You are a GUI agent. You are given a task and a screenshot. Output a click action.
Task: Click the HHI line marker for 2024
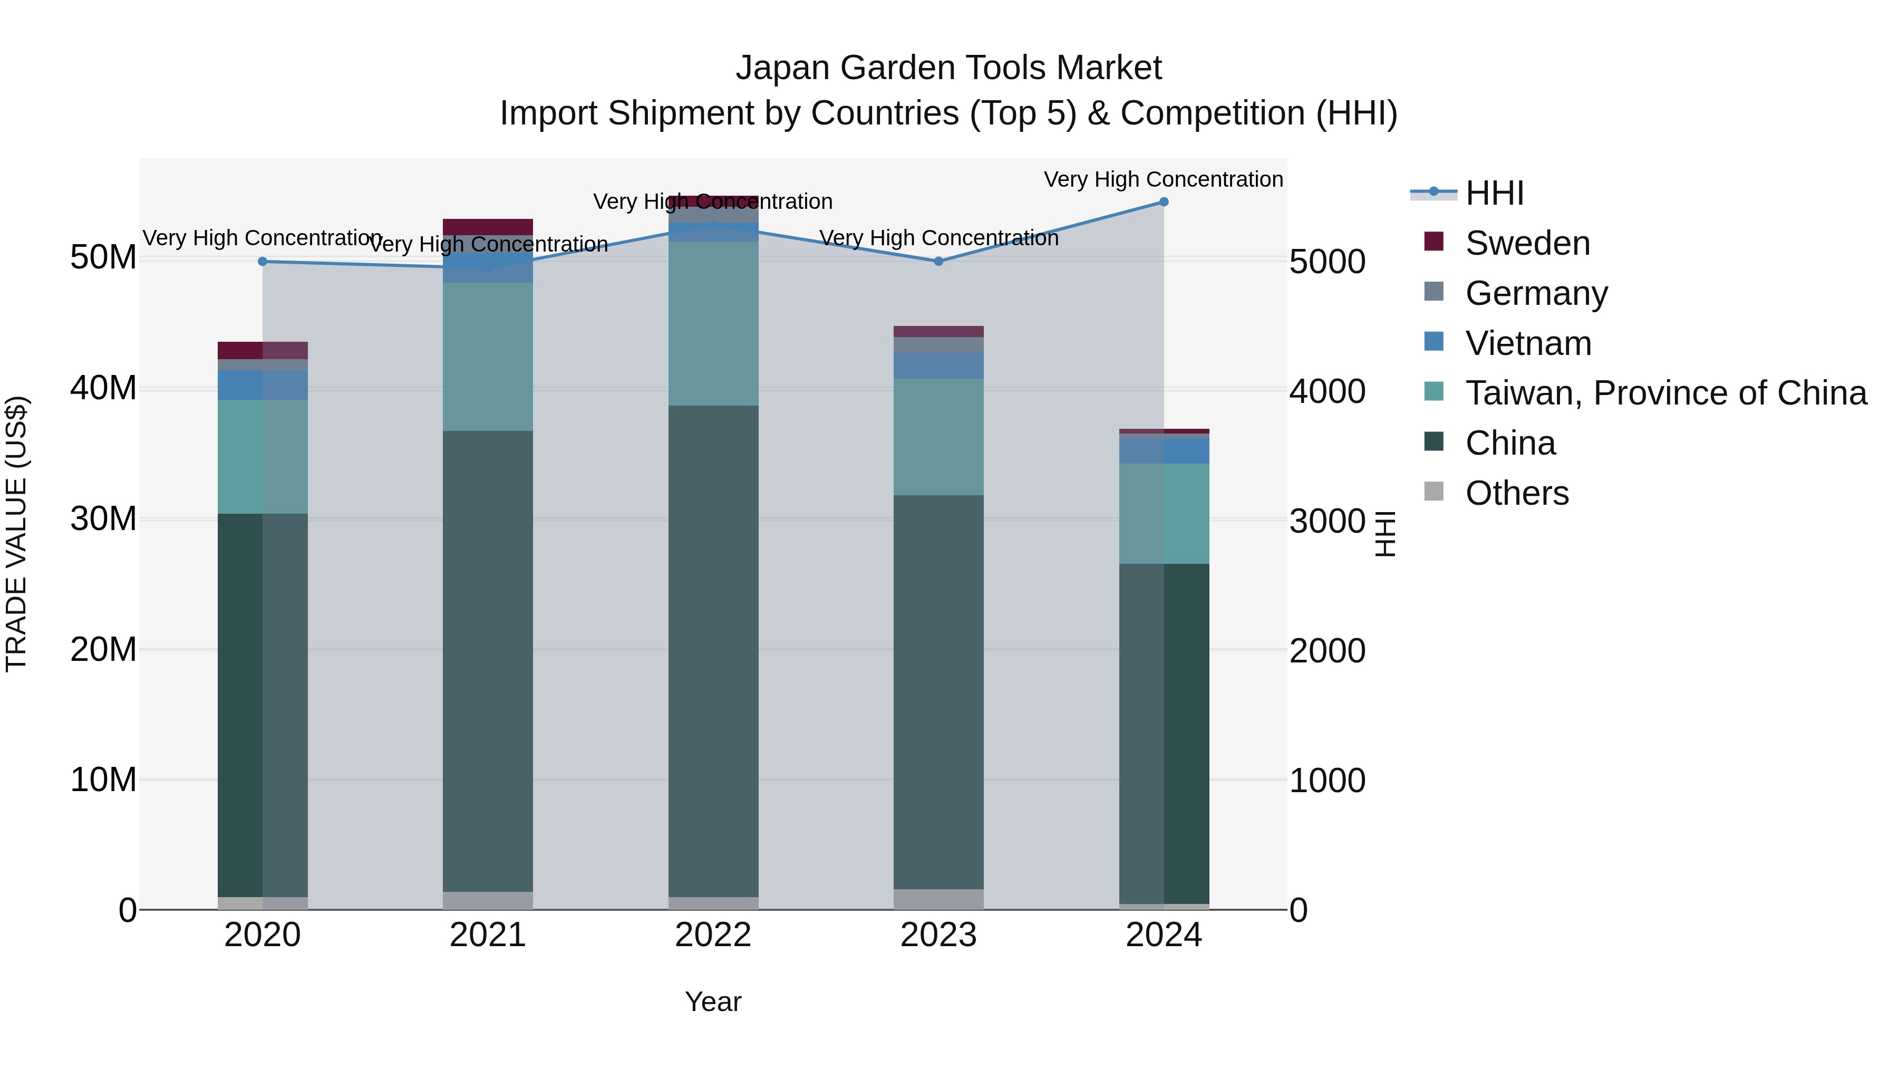click(1164, 202)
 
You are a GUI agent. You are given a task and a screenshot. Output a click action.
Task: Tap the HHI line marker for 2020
click(263, 262)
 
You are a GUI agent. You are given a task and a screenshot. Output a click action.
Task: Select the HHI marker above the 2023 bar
click(938, 262)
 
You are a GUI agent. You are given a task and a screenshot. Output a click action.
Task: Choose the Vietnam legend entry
click(1528, 343)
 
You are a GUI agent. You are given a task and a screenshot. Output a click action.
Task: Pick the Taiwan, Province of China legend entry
click(1665, 393)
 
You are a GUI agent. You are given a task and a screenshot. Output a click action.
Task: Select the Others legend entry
click(1516, 493)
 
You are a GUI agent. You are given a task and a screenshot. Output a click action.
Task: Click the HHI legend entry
click(1494, 193)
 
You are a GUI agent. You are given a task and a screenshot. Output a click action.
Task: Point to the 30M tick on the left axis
click(103, 519)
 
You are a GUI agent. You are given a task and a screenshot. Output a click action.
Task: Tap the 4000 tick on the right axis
click(1327, 391)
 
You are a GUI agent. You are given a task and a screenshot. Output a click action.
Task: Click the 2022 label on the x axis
click(712, 935)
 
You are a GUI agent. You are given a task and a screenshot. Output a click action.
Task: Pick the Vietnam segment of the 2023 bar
click(938, 365)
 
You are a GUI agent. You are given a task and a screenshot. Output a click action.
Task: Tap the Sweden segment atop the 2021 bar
click(488, 227)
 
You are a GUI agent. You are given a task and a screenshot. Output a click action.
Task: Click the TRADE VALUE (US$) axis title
click(16, 534)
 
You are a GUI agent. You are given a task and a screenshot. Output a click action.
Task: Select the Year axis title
click(712, 1002)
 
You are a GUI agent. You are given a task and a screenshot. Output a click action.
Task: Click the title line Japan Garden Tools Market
click(948, 68)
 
